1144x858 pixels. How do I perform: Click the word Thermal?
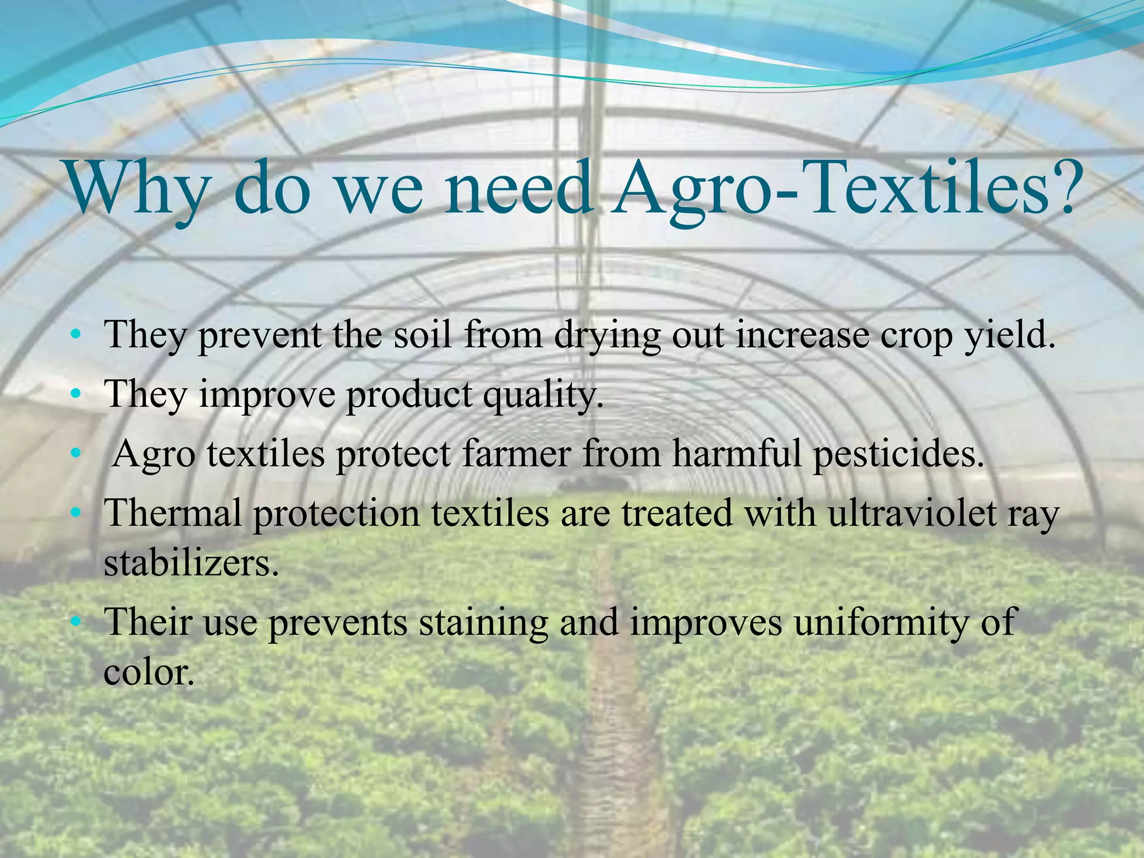174,513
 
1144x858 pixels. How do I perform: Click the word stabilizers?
190,564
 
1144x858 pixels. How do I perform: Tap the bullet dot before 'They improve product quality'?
76,395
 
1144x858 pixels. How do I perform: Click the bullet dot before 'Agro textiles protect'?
76,455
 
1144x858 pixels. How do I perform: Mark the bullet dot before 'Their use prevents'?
76,621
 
